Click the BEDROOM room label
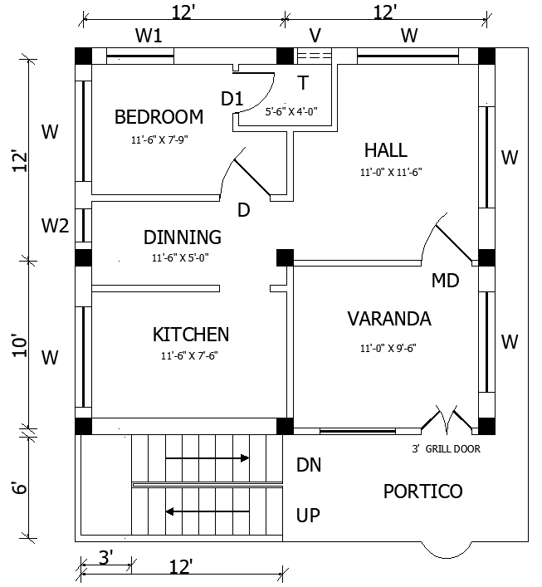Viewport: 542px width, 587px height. [159, 116]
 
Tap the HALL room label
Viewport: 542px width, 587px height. [386, 150]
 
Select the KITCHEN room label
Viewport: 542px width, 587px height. [191, 335]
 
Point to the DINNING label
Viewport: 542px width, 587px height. [183, 237]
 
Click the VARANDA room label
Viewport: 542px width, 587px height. [388, 319]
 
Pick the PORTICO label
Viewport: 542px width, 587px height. [422, 492]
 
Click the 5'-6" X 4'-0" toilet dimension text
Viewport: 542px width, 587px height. [291, 110]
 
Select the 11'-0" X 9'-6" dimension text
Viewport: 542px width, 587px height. [388, 348]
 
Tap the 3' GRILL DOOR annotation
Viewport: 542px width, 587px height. [447, 449]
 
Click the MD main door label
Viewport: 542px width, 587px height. [445, 281]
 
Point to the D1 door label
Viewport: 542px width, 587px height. [232, 99]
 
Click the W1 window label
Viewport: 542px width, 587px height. [149, 36]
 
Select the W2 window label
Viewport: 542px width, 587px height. [56, 225]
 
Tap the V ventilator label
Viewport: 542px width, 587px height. [315, 36]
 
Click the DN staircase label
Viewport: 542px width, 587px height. [309, 465]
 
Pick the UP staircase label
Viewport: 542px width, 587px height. [308, 516]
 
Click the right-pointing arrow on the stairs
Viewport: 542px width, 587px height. [208, 457]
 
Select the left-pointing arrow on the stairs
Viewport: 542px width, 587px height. [208, 511]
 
